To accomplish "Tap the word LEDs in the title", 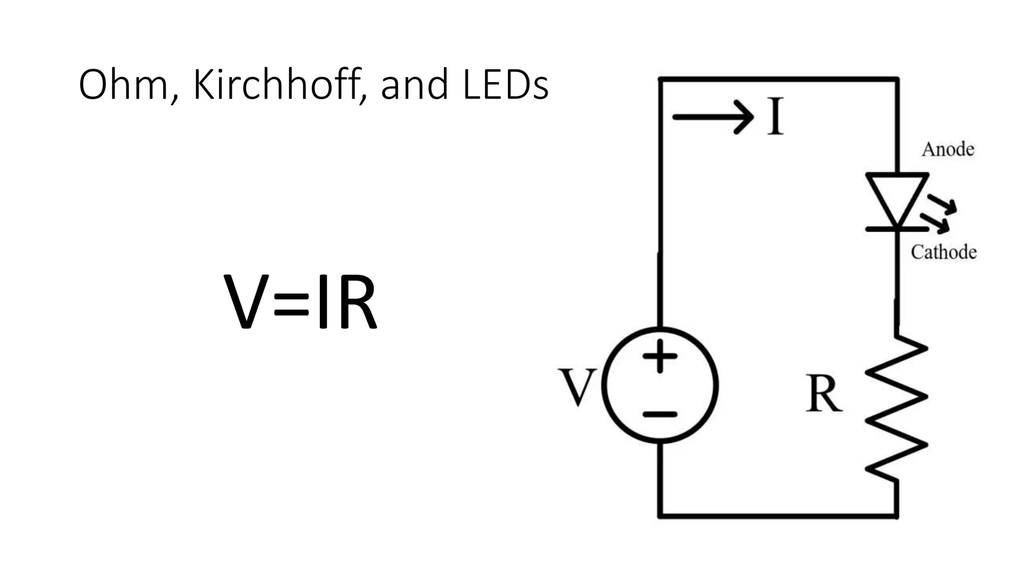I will click(x=505, y=85).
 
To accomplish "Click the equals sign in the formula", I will click(x=291, y=304).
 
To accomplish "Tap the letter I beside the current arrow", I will click(x=775, y=117).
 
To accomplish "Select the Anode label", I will click(x=948, y=149).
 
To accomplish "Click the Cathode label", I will click(x=943, y=252).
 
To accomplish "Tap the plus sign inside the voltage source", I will click(x=660, y=356).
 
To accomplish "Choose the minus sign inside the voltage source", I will click(x=660, y=414).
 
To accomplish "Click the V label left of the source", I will click(x=577, y=387).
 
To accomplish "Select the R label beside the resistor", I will click(x=823, y=394).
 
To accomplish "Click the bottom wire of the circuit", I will click(x=779, y=516).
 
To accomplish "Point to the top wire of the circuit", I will click(x=779, y=79).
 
